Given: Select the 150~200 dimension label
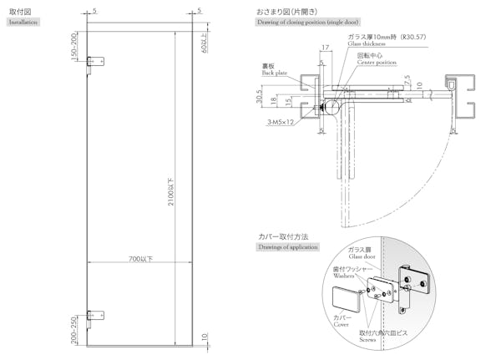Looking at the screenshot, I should (x=74, y=48).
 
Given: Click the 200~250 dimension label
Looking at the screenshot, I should (x=74, y=330).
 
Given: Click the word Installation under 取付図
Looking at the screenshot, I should (x=24, y=23).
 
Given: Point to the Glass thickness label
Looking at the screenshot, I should (x=367, y=43).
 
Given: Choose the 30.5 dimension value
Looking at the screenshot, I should (x=260, y=99).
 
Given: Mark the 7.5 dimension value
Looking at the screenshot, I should (x=407, y=80).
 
